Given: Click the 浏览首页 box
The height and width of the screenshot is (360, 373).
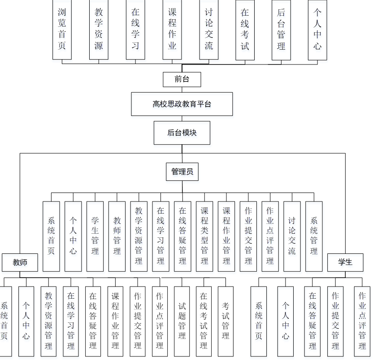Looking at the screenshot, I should [x=62, y=29].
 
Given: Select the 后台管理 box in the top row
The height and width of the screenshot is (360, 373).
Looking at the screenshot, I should [x=281, y=29].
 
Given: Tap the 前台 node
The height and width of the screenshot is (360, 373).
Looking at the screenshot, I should [x=182, y=79].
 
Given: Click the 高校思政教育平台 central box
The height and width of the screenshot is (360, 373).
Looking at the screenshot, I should [x=182, y=104].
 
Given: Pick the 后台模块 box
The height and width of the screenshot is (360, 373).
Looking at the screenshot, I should [x=182, y=133].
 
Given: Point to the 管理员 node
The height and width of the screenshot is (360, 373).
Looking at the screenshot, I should [x=182, y=171].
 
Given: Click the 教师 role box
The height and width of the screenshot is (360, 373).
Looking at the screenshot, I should [x=20, y=262].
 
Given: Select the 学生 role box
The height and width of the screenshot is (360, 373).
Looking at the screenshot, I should [x=345, y=262].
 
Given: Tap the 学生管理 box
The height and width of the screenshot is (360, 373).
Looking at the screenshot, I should [x=95, y=236].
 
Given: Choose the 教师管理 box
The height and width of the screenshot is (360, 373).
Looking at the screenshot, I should [x=117, y=236].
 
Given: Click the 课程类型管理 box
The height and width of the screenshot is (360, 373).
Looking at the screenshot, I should [x=204, y=236].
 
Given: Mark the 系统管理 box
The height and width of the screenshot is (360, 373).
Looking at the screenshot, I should [x=314, y=236].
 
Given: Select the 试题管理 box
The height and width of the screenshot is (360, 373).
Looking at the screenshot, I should [x=182, y=321].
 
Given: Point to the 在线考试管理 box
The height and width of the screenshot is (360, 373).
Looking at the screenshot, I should [x=204, y=321].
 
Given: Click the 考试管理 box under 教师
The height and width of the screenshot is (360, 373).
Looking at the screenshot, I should [x=226, y=321].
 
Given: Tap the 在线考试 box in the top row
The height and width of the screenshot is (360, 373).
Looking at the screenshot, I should [x=245, y=29].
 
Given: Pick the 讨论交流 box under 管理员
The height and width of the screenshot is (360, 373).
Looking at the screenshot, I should [x=292, y=236].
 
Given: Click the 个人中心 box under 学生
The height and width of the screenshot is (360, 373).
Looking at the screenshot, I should [x=286, y=321].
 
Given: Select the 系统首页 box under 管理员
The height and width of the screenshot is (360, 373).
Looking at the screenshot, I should [x=51, y=236].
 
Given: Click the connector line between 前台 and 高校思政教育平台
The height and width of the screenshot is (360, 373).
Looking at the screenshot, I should [x=182, y=90].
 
